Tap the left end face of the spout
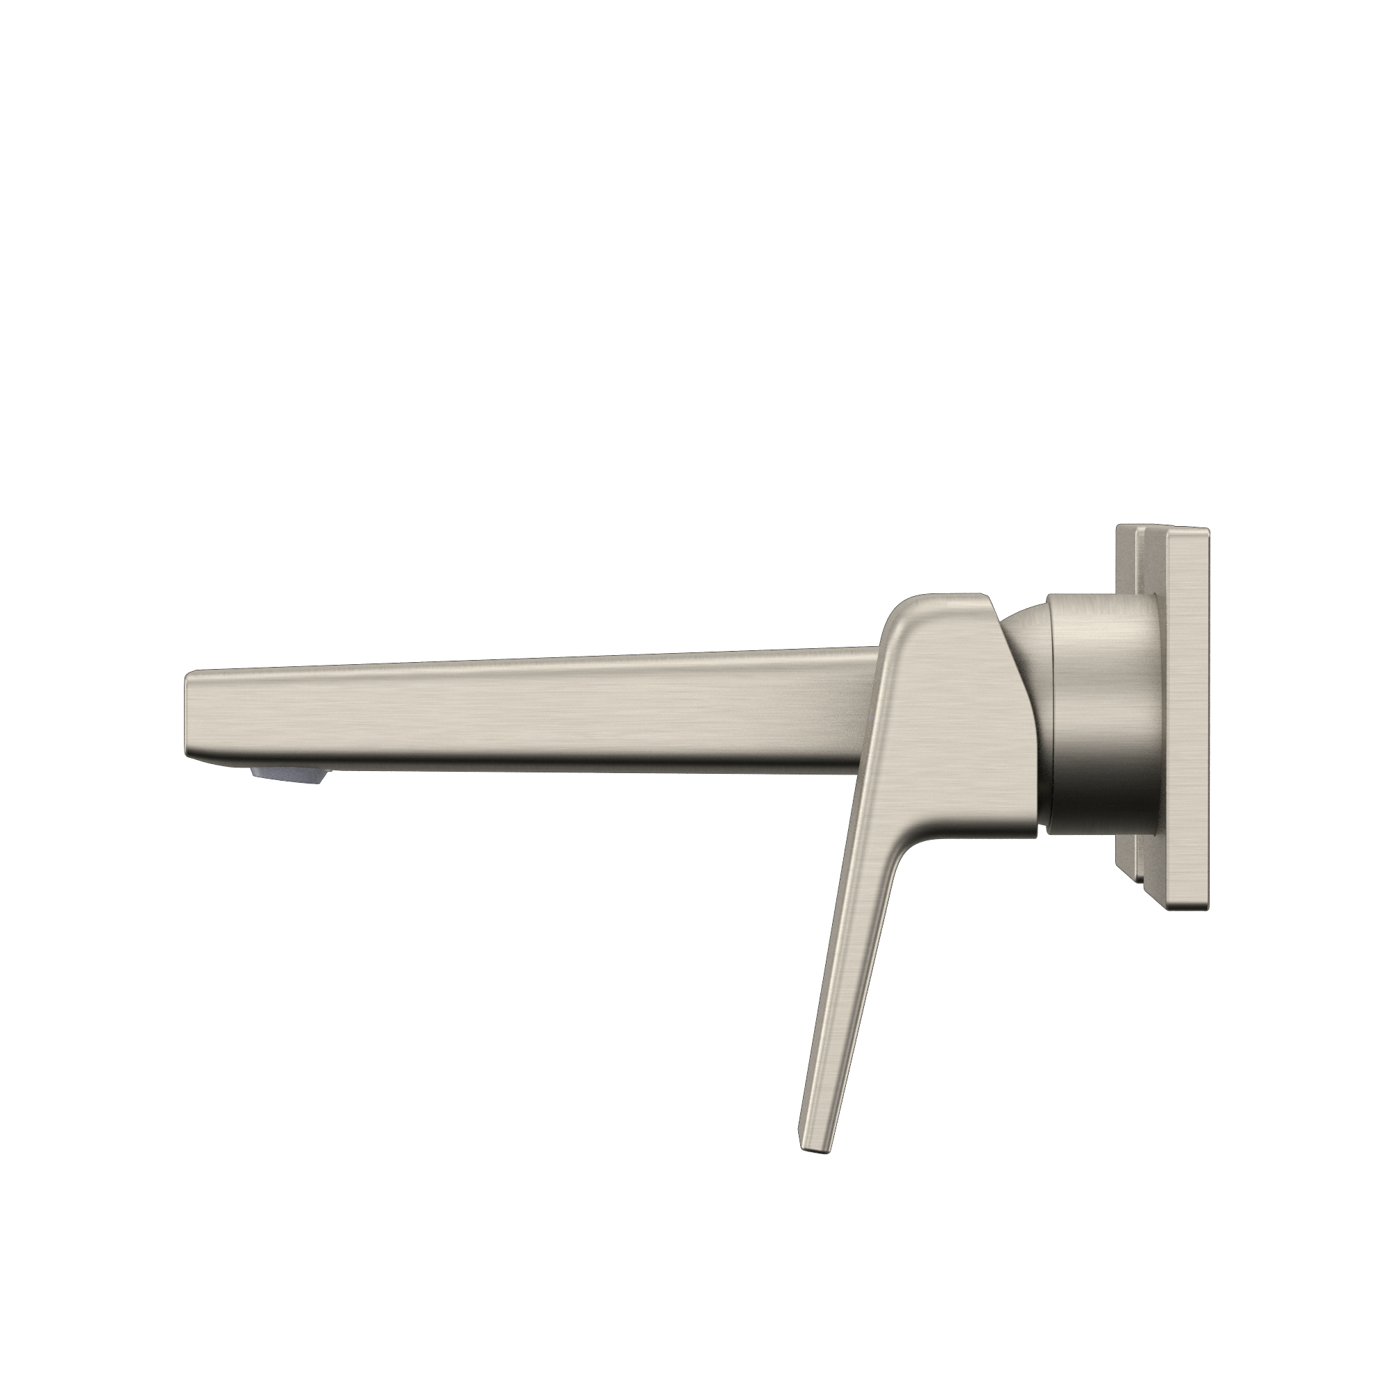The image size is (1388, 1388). [188, 711]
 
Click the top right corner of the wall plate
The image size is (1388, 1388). [1209, 532]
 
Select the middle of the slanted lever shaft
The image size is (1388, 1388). [855, 934]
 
